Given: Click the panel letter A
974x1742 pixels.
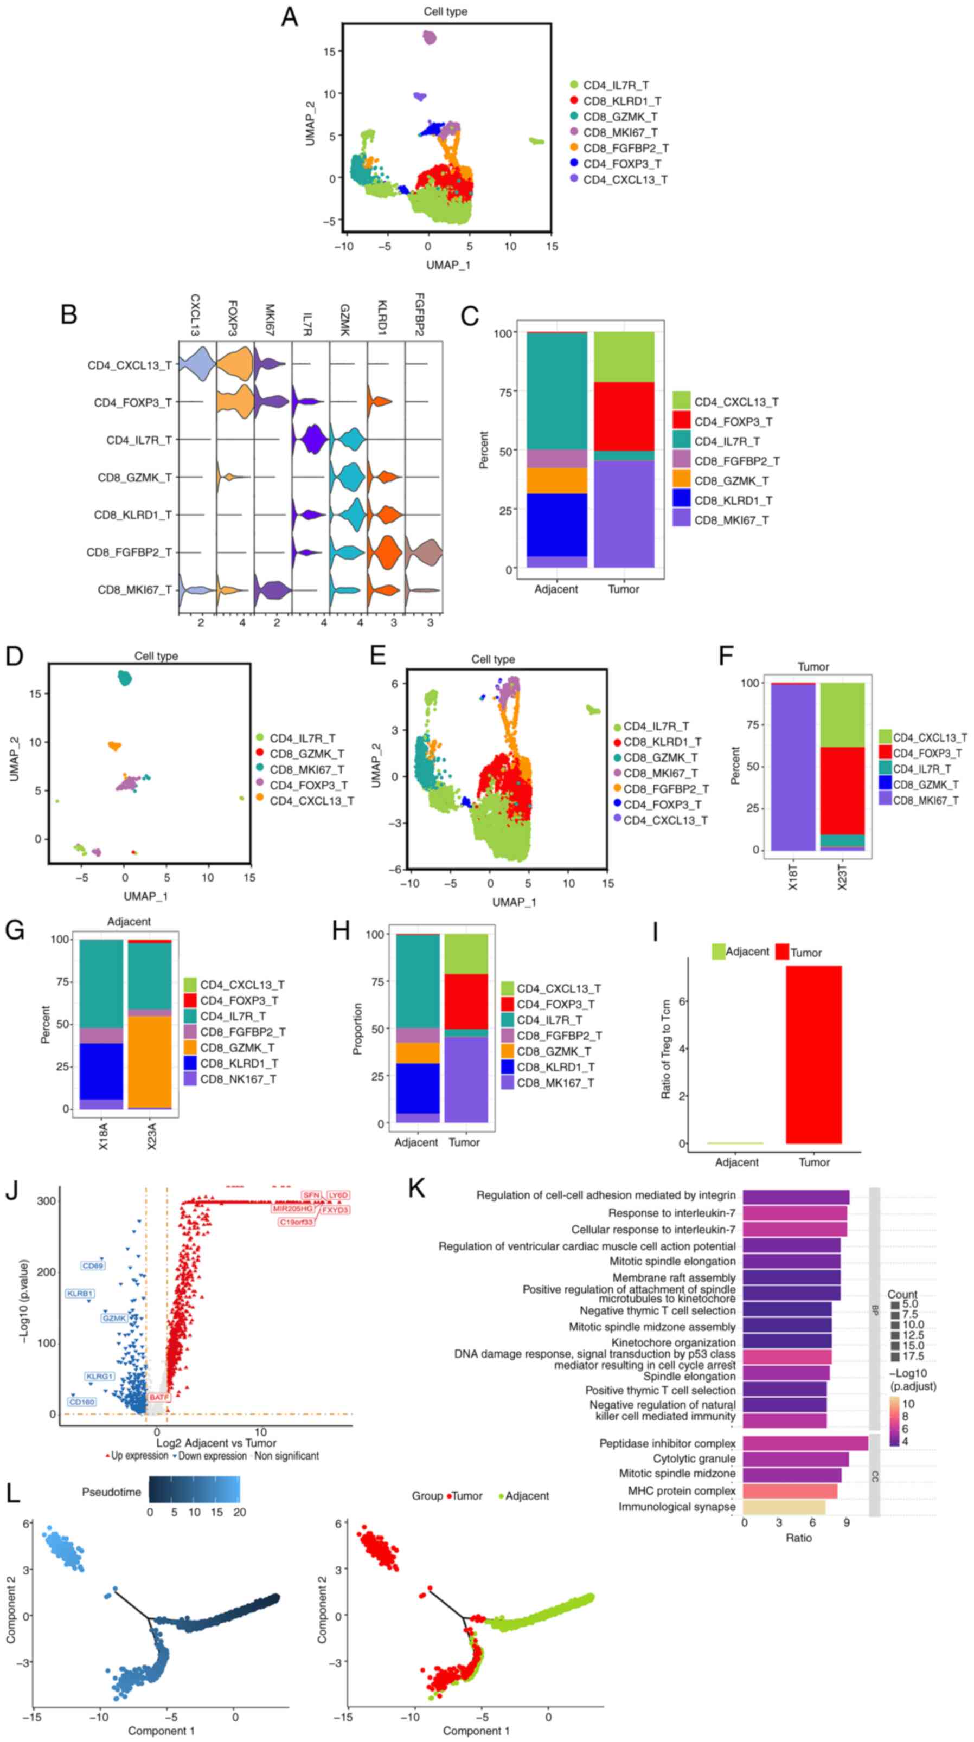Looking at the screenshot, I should [x=289, y=17].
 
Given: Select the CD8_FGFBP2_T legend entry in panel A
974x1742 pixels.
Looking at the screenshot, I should [x=626, y=148].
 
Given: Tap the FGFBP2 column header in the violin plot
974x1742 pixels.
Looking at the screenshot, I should [x=419, y=314].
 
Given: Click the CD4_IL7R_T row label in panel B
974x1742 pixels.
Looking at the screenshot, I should [x=139, y=440].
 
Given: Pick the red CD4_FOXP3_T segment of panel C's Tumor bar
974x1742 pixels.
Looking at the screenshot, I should [x=624, y=416].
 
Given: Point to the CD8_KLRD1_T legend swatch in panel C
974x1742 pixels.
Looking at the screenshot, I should [x=681, y=500].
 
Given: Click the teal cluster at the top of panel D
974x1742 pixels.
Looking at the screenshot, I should [x=124, y=678].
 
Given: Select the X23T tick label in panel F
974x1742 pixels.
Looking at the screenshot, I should [x=842, y=876].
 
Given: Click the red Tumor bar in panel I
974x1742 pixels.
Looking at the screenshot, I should [x=813, y=1055].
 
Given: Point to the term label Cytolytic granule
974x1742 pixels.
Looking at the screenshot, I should [x=694, y=1458].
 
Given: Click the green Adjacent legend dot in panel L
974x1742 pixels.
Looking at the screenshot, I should [x=501, y=1496].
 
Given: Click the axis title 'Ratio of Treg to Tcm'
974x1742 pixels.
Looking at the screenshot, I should [x=665, y=1049].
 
